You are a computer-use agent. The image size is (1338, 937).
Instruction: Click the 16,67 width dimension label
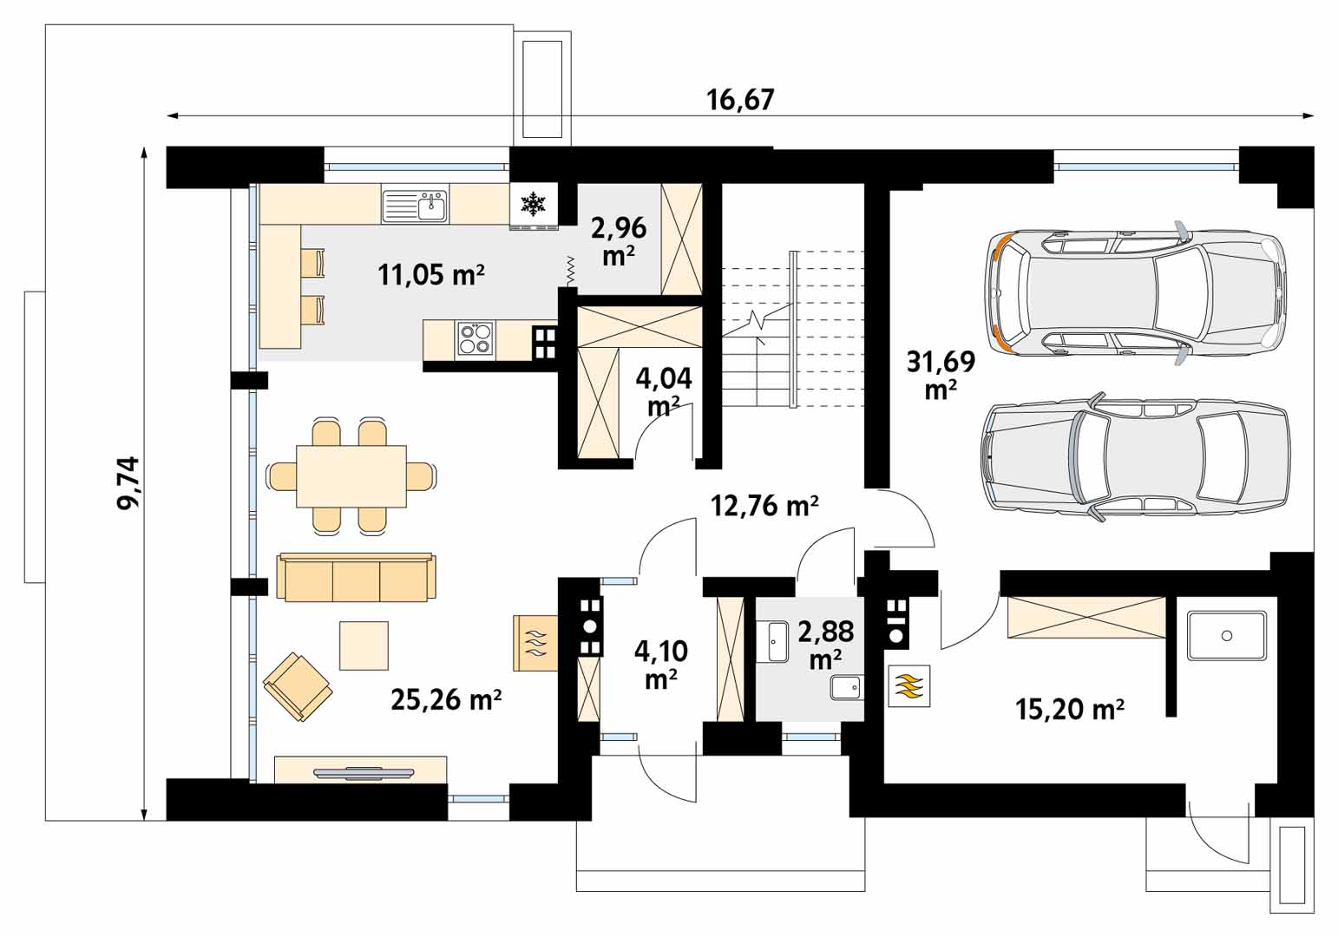coord(740,101)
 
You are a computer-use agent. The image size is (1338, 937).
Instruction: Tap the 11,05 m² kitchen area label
coord(430,275)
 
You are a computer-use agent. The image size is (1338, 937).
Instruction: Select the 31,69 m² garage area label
coord(941,375)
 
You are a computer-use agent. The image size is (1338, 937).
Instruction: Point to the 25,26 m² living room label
coord(446,699)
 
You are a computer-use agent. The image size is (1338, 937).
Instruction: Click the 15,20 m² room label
coord(1070,709)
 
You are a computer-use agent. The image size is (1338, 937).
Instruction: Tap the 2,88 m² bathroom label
coord(825,645)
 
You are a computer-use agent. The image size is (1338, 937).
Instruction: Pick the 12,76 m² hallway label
coord(764,506)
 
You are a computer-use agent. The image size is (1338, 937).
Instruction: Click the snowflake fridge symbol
coord(534,204)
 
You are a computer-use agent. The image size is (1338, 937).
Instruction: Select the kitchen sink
coord(415,205)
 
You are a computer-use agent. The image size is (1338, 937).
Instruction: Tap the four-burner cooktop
coord(476,339)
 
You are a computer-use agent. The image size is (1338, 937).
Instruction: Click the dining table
coord(351,476)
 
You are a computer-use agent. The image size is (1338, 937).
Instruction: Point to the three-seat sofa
coord(356,578)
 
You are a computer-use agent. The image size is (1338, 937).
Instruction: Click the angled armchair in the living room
coord(298,686)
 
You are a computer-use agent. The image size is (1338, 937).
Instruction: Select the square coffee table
coord(364,645)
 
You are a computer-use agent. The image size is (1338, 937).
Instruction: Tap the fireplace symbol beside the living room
coord(535,643)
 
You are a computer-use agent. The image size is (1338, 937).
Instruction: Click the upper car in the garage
coord(1134,293)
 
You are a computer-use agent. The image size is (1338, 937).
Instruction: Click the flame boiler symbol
coord(908,686)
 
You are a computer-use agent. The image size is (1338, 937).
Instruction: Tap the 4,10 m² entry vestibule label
coord(660,665)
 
